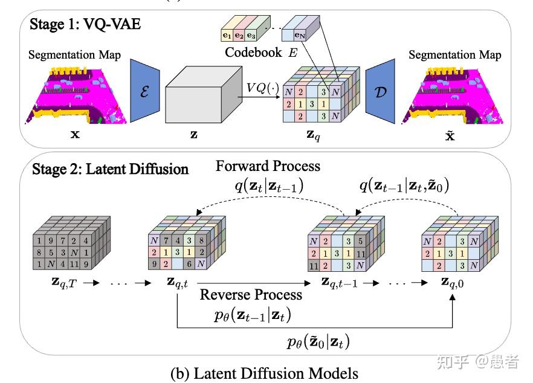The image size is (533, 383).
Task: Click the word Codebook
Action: pyautogui.click(x=253, y=53)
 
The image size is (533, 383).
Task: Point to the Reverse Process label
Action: pyautogui.click(x=251, y=295)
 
